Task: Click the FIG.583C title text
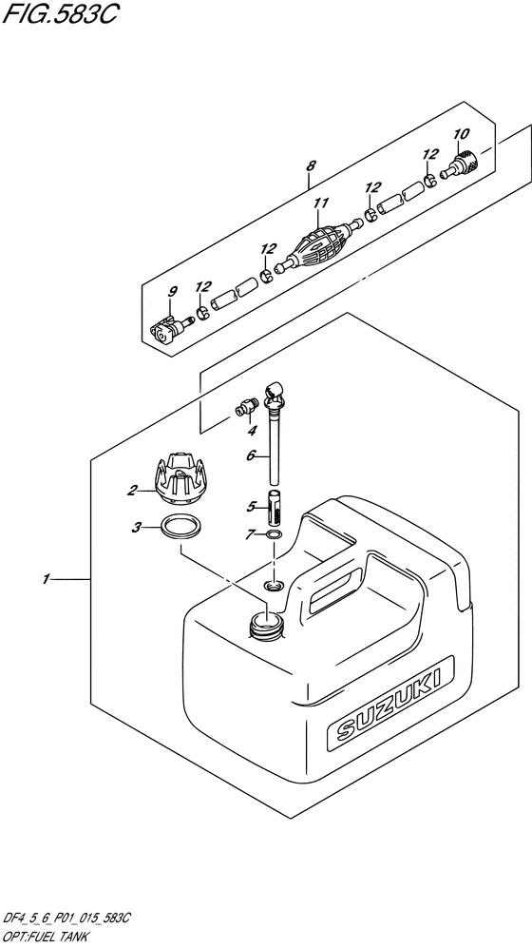(x=59, y=14)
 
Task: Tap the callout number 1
(x=46, y=580)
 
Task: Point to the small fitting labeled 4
(x=245, y=409)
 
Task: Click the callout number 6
(x=249, y=457)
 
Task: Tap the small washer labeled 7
(x=274, y=534)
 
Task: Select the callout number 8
(x=310, y=165)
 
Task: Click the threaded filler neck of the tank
(x=266, y=624)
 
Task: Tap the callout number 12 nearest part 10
(x=429, y=154)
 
